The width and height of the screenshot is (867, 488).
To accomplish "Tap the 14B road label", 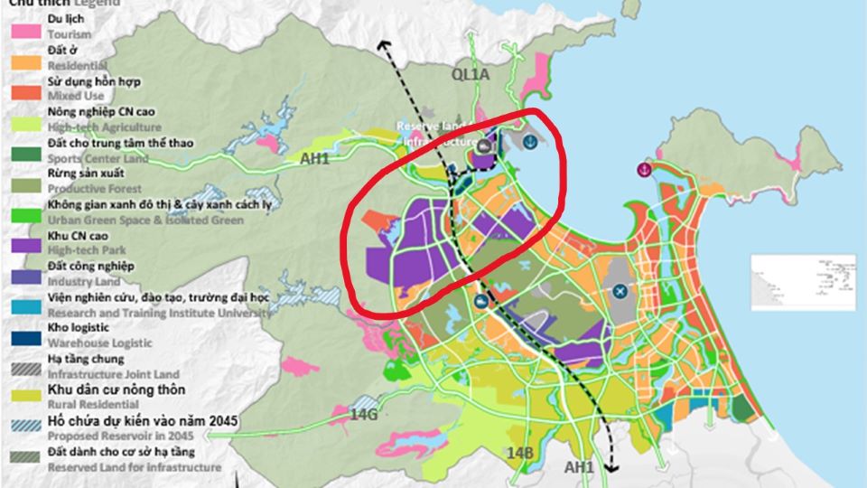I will [520, 452].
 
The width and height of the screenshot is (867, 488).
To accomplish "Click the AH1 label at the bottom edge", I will [579, 466].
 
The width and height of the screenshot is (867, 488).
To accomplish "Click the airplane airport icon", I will [620, 291].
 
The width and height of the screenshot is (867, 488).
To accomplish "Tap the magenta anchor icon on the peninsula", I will [645, 169].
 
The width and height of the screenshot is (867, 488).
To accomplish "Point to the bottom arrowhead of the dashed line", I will [612, 468].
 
